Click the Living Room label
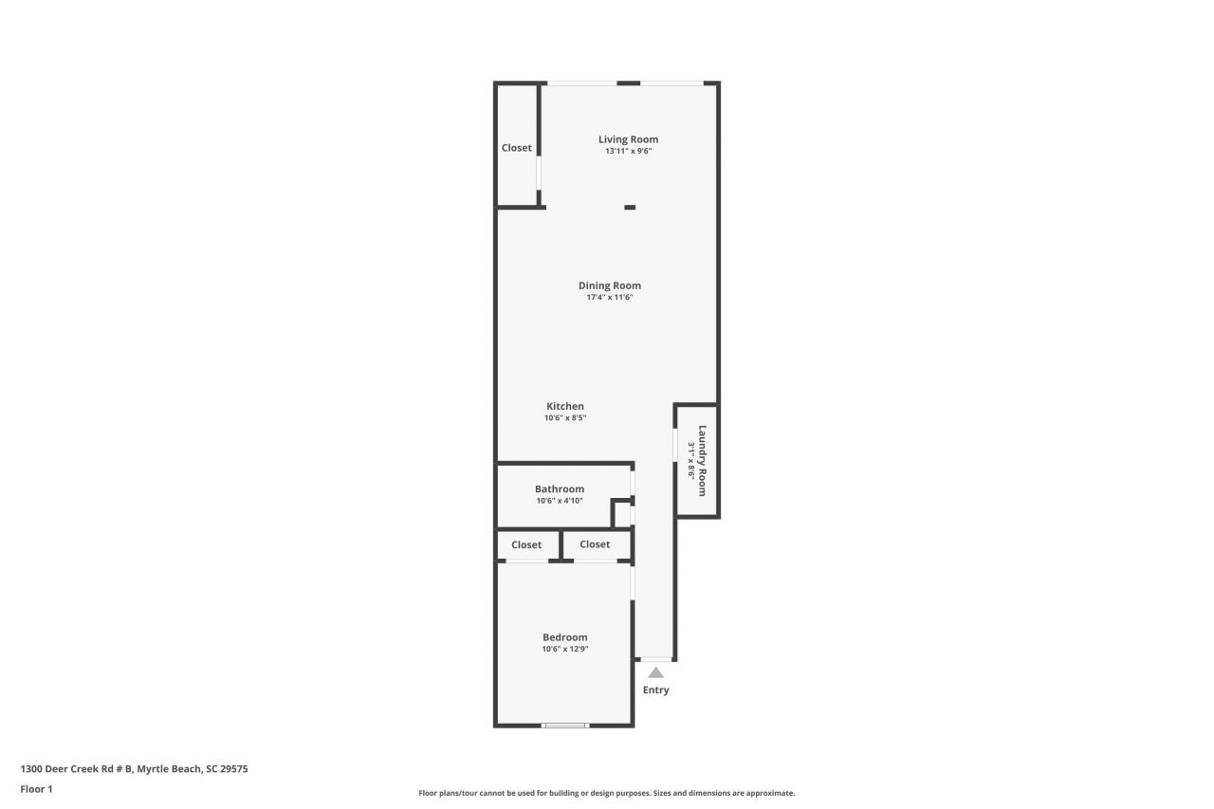(628, 139)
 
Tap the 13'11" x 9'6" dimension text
(628, 152)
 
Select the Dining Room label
(610, 285)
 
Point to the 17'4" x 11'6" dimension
(610, 298)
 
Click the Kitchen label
(565, 406)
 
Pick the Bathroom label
(560, 489)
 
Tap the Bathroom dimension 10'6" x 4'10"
(560, 501)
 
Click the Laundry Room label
(703, 460)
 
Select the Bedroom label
(565, 637)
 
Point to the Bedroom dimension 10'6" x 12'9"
(565, 650)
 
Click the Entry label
(655, 689)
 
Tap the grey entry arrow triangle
(655, 671)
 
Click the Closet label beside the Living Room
(517, 148)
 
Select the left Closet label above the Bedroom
(526, 544)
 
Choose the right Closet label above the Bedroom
(595, 544)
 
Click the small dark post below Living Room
(630, 207)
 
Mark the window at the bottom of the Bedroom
(565, 726)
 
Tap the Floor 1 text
(36, 788)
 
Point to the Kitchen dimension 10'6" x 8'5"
(565, 418)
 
